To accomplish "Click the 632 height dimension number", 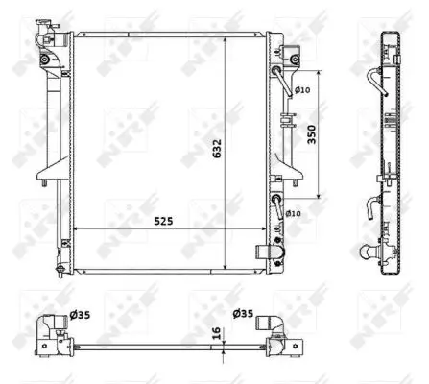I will (217, 149).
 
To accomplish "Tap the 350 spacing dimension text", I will (311, 134).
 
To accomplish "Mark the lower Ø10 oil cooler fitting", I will (277, 204).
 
